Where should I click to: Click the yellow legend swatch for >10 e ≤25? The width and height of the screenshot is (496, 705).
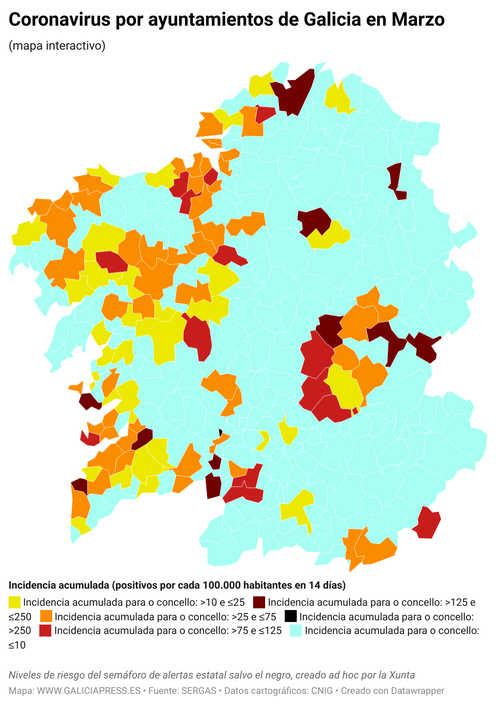pyautogui.click(x=15, y=602)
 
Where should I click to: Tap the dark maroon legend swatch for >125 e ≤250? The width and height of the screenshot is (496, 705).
pyautogui.click(x=259, y=602)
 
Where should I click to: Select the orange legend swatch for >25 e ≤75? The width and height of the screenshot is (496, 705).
pyautogui.click(x=46, y=616)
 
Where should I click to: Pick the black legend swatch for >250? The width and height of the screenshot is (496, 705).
pyautogui.click(x=290, y=616)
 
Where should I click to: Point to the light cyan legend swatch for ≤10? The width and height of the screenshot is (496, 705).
pyautogui.click(x=296, y=631)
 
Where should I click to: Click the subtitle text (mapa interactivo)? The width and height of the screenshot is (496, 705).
pyautogui.click(x=57, y=45)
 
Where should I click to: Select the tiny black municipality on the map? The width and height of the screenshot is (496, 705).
pyautogui.click(x=221, y=432)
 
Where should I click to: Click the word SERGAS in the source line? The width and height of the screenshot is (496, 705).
pyautogui.click(x=198, y=691)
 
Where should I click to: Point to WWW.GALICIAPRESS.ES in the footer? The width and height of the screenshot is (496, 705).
pyautogui.click(x=89, y=691)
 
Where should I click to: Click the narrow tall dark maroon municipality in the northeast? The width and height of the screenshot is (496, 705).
pyautogui.click(x=396, y=180)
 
